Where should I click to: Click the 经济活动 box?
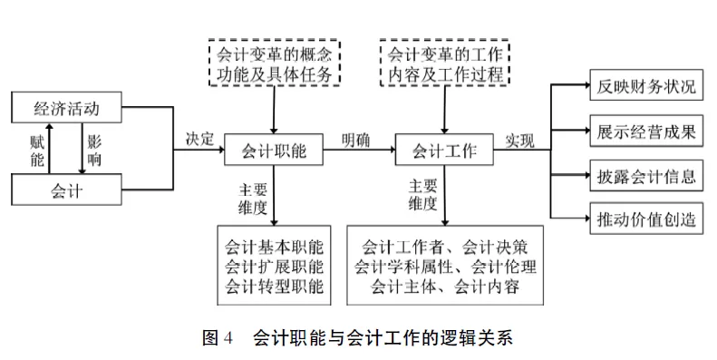[65, 110]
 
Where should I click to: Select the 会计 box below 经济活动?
[65, 190]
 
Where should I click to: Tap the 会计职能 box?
[273, 151]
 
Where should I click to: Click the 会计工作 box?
[444, 151]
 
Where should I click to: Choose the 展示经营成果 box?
[646, 131]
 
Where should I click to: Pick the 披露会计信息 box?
[646, 175]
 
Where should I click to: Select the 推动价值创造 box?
[646, 219]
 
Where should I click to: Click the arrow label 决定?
[199, 140]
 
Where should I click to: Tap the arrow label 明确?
[355, 140]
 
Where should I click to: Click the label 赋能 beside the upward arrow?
[37, 150]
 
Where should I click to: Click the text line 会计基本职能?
[273, 246]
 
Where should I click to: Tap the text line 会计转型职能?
[273, 287]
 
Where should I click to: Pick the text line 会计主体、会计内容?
[444, 287]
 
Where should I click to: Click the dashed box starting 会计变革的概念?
[274, 63]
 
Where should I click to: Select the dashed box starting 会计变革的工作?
[444, 63]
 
